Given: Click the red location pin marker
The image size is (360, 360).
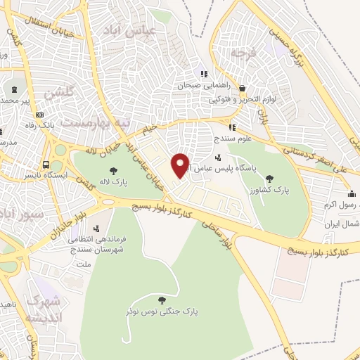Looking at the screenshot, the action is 181,165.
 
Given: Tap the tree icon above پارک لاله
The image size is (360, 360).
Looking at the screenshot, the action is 113,171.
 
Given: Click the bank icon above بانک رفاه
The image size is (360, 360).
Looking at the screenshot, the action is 39,115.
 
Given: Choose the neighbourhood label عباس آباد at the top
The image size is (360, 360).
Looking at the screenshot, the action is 127,30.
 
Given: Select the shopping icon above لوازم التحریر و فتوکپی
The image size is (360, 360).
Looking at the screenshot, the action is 243,89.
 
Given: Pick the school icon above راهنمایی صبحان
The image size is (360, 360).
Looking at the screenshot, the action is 204,74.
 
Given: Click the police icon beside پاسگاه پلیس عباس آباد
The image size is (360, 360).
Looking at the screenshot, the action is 219,158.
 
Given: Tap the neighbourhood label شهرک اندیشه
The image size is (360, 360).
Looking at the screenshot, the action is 44,309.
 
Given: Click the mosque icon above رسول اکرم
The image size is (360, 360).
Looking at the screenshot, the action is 351,194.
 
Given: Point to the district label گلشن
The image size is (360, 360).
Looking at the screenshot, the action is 57,94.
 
